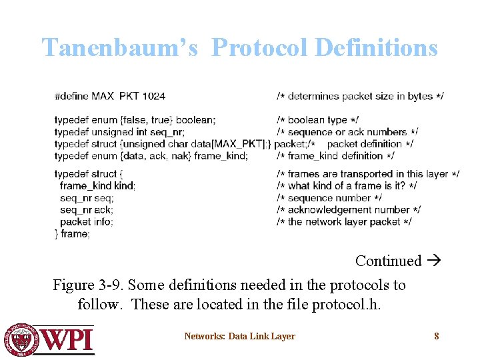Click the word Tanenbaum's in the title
(x=120, y=48)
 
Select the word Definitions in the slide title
(x=376, y=48)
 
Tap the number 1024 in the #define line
(x=153, y=96)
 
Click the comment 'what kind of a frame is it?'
(x=347, y=186)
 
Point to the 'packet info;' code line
(x=86, y=222)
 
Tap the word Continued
(x=388, y=261)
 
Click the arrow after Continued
(x=433, y=261)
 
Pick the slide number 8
(x=437, y=336)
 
